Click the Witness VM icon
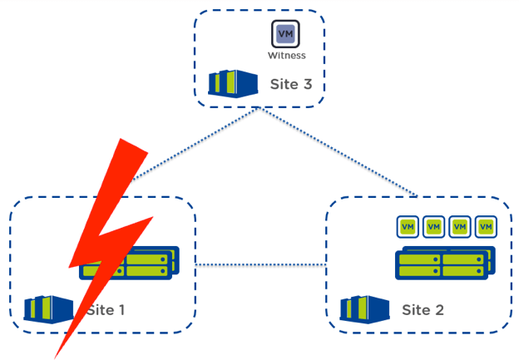pos(285,34)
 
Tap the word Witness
pos(286,56)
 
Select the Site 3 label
pos(290,84)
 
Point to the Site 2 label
pos(423,310)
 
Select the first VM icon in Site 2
pos(407,226)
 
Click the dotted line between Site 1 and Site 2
pos(259,265)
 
